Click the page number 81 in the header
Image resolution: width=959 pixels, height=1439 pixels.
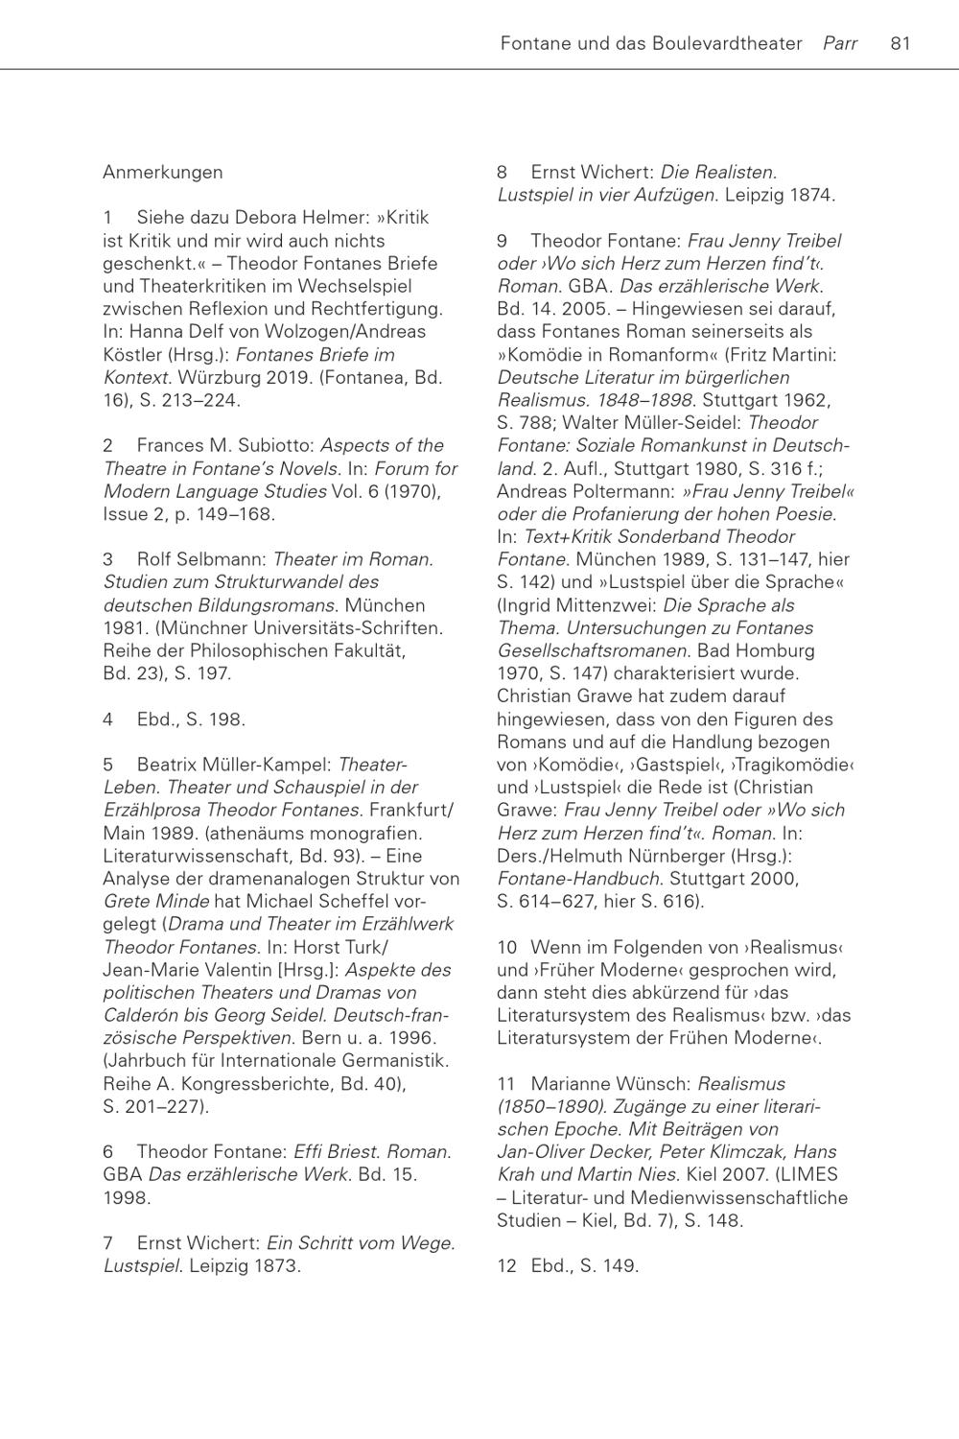click(900, 43)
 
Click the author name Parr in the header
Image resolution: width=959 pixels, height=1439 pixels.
click(840, 43)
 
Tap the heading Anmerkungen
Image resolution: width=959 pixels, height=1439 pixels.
click(163, 173)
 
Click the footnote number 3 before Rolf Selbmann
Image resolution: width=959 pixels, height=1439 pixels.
click(108, 559)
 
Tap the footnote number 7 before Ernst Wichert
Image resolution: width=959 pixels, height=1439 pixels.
click(108, 1243)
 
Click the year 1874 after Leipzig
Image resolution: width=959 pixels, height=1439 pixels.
click(810, 196)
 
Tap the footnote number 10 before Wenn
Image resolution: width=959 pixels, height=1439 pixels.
click(506, 948)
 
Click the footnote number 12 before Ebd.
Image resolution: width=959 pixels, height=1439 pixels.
click(506, 1266)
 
